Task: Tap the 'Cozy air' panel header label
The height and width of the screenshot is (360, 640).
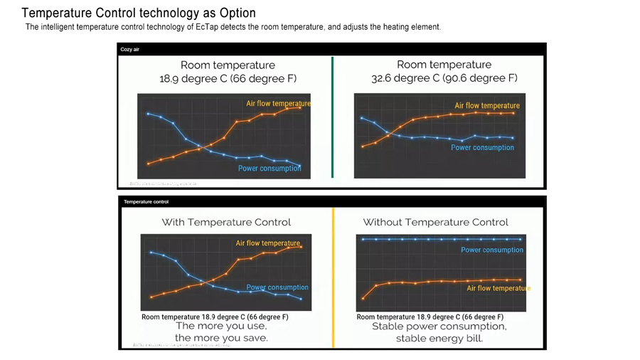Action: coord(130,50)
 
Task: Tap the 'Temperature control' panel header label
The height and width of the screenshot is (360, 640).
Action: coord(146,202)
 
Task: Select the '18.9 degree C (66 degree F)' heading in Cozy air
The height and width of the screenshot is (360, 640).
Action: coord(228,78)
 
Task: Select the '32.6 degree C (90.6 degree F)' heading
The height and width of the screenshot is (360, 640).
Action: coord(444,78)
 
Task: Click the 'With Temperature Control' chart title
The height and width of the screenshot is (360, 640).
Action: coord(226,222)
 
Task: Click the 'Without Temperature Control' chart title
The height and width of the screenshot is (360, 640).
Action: coord(435,222)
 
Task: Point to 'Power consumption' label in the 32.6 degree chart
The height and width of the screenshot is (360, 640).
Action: coord(482,148)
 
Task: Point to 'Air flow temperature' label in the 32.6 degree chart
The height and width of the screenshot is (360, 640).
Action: coord(487,106)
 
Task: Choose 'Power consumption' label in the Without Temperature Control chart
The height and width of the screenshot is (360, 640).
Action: coord(492,250)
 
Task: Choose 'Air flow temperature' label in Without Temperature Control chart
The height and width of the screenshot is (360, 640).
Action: coord(498,288)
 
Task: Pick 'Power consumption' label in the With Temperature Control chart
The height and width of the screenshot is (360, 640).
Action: coord(277,287)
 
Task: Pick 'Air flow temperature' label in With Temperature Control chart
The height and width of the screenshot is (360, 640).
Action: coord(268,243)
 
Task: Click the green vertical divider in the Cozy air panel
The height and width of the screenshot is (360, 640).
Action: coord(332,117)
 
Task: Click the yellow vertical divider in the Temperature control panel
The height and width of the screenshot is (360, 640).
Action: coord(333,277)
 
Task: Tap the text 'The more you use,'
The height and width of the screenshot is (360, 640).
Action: coord(221,327)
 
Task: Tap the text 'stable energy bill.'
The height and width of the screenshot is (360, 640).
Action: coord(439,339)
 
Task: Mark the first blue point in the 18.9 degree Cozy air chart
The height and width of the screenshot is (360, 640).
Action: coord(148,114)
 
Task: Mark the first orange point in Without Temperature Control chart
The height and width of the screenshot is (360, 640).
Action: coord(363,298)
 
